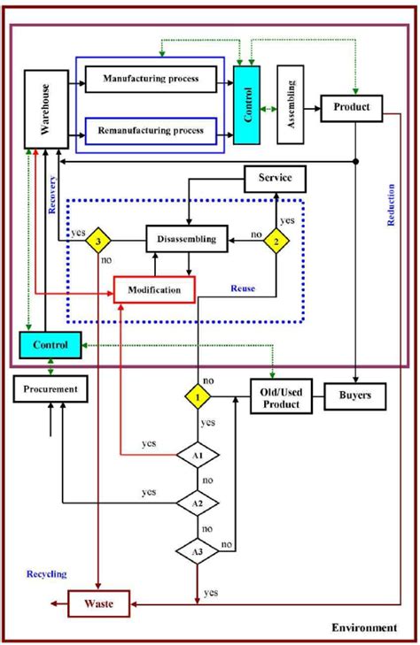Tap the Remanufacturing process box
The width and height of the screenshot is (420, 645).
coord(151,130)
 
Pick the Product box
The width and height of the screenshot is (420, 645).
coord(351,108)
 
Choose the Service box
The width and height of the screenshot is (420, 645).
coord(274,179)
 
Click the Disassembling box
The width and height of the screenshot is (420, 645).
coord(187,238)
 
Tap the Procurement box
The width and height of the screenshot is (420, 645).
coord(51,388)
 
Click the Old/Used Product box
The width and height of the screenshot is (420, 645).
coord(280,396)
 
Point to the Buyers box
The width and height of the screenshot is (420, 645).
coord(355,396)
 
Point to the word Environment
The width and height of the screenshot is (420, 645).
coord(365,627)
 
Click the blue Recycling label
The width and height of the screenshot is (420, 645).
coord(46,574)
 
